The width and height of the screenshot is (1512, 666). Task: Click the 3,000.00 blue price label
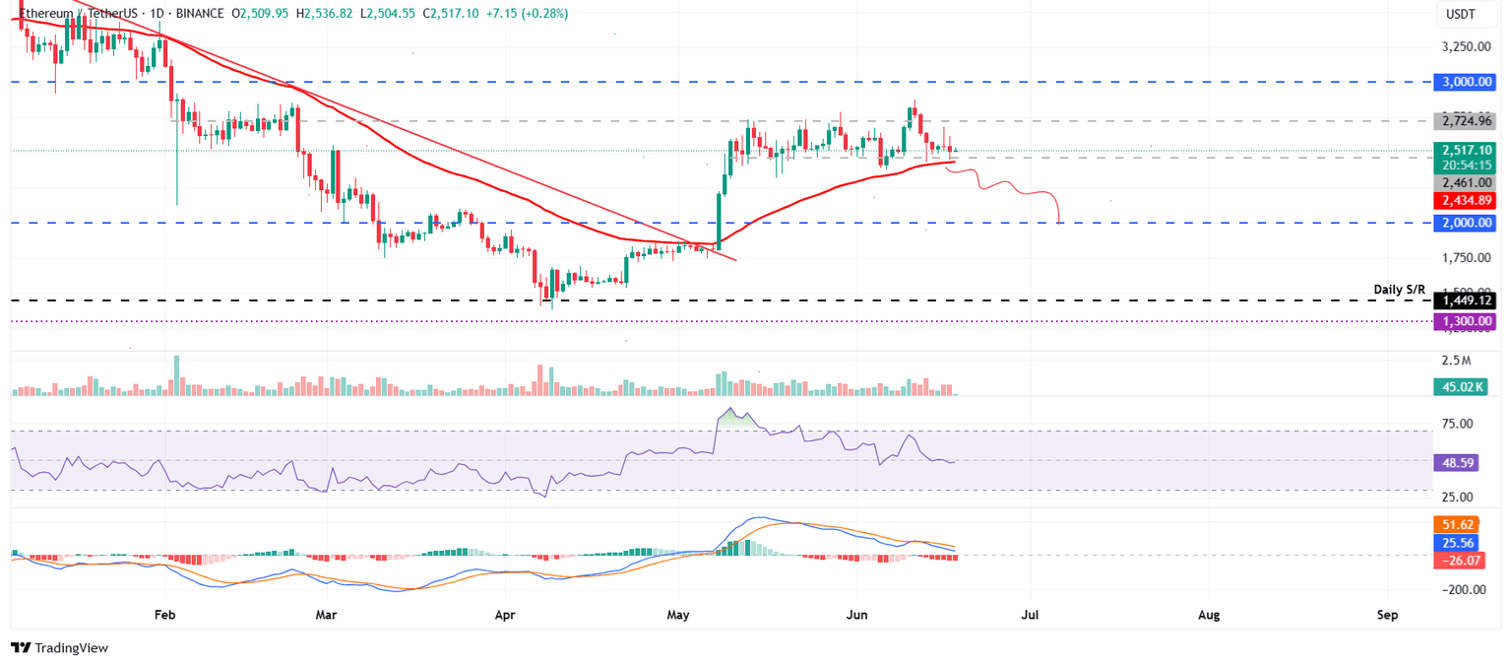[x=1468, y=82]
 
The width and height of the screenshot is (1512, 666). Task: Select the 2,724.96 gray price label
[x=1468, y=121]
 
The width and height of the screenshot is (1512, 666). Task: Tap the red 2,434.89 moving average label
[x=1468, y=200]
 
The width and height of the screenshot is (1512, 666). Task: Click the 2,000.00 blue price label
[x=1468, y=224]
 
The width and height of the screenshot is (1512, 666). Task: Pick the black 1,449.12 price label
[x=1468, y=300]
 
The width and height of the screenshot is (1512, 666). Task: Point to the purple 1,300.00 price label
[x=1468, y=321]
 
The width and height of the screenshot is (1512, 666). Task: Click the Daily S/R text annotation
[x=1400, y=290]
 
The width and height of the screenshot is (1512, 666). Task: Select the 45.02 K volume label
[x=1464, y=387]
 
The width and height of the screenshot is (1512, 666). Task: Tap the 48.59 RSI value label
[x=1458, y=461]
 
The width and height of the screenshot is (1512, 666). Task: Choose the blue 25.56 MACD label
[x=1458, y=544]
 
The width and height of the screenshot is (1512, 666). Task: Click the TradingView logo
[x=59, y=647]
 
